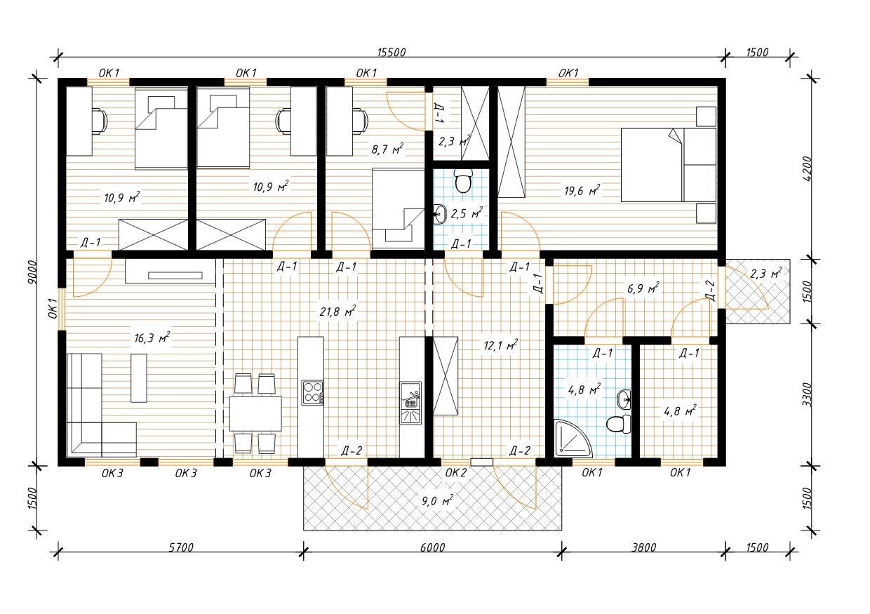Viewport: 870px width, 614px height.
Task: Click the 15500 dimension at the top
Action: coord(391,53)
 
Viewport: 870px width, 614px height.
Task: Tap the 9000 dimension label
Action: coord(33,272)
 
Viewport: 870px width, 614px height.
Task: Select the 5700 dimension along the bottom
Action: coord(181,547)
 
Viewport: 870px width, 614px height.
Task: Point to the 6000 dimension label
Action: coord(432,547)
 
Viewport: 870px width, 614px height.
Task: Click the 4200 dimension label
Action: coord(807,168)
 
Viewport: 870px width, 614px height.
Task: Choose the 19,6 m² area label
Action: coord(582,190)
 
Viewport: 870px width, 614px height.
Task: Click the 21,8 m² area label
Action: coord(337,311)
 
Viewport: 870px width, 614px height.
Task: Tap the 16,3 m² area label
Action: coord(152,338)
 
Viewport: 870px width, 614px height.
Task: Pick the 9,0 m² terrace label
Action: coord(437,500)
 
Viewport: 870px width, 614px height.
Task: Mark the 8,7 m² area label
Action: coord(387,149)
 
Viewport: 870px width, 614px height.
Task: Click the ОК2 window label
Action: coord(455,473)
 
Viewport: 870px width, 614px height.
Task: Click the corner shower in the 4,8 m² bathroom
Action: coord(573,438)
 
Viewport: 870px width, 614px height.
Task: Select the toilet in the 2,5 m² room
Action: coord(462,181)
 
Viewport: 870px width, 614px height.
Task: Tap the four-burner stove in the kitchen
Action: coord(313,393)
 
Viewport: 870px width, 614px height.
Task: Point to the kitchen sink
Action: coord(410,403)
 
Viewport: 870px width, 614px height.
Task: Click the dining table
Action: coord(255,413)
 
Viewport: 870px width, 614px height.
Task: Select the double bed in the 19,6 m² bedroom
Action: coord(669,165)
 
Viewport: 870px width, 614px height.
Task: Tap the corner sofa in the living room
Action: coord(102,405)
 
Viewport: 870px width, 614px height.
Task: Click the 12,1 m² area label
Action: coord(501,345)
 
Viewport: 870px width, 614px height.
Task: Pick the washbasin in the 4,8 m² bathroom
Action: coord(624,399)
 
